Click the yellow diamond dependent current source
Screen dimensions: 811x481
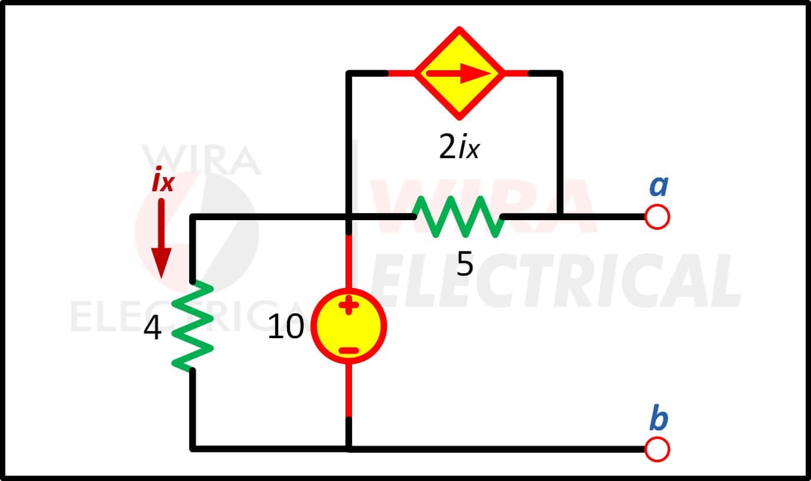pyautogui.click(x=459, y=73)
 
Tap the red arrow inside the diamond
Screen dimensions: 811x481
pyautogui.click(x=458, y=73)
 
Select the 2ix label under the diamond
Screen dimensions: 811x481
pyautogui.click(x=459, y=147)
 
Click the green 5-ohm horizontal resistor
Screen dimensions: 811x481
pyautogui.click(x=458, y=217)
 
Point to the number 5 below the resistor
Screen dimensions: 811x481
pyautogui.click(x=465, y=264)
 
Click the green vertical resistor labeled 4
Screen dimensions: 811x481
pyautogui.click(x=193, y=326)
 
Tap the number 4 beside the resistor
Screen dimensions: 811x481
pyautogui.click(x=152, y=328)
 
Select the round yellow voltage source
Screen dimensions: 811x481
pyautogui.click(x=348, y=326)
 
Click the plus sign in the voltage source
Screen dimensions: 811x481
pyautogui.click(x=348, y=305)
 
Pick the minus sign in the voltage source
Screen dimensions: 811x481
pyautogui.click(x=348, y=350)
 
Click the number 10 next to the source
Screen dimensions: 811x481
pyautogui.click(x=286, y=326)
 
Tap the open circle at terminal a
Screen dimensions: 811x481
pyautogui.click(x=657, y=217)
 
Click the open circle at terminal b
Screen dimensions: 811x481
pyautogui.click(x=657, y=450)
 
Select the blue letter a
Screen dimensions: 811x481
pyautogui.click(x=659, y=186)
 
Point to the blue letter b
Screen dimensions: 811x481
pyautogui.click(x=659, y=417)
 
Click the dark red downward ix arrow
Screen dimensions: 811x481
pyautogui.click(x=161, y=238)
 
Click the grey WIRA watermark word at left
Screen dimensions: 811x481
pyautogui.click(x=201, y=159)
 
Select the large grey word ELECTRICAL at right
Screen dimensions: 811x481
pyautogui.click(x=555, y=280)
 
